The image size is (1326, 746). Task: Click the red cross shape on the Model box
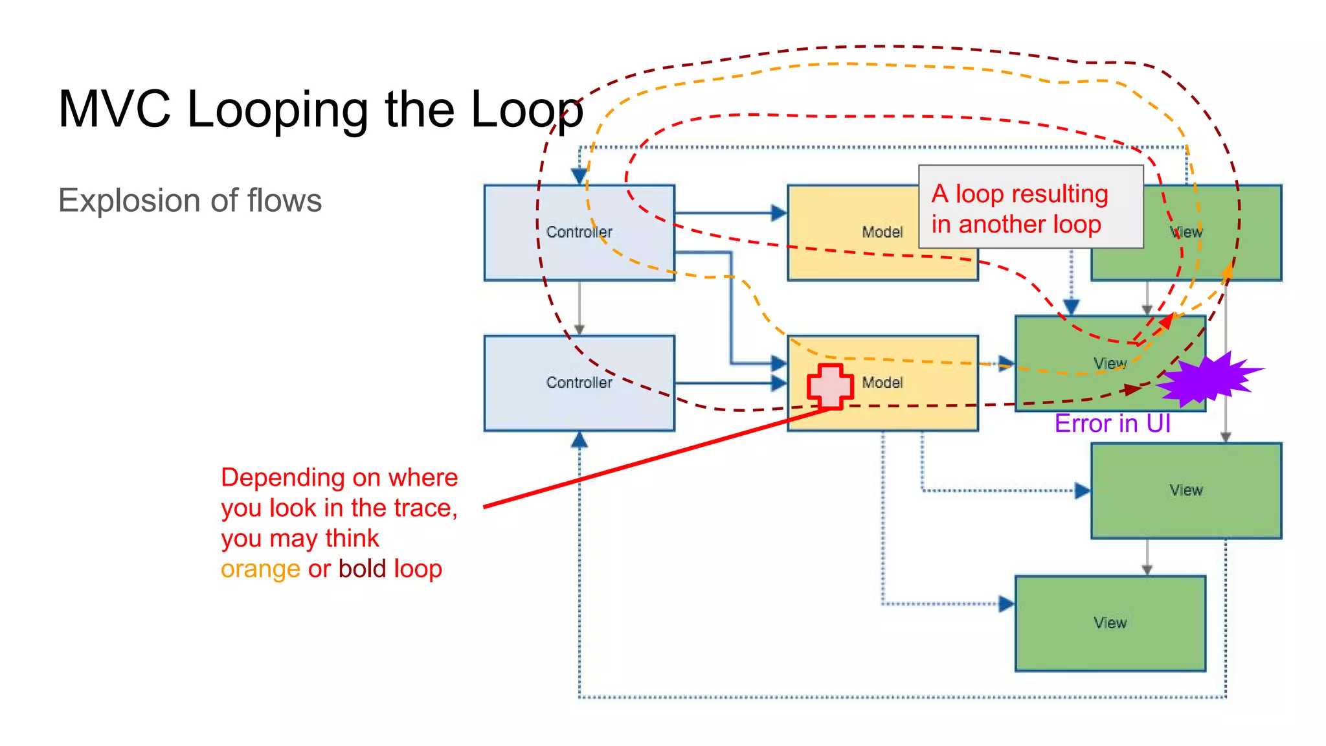(830, 387)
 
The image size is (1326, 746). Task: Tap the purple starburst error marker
(1208, 380)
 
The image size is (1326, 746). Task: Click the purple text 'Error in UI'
(1112, 424)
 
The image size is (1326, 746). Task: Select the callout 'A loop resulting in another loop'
(1030, 207)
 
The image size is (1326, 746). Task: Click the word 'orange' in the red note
(260, 569)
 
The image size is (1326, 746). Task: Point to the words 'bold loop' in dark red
(390, 569)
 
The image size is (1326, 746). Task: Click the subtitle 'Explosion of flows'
(190, 200)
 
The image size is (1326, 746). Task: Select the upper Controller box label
(579, 232)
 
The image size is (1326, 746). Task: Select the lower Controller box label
(579, 383)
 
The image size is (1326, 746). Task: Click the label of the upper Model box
(882, 232)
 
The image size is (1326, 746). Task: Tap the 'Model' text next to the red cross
(882, 383)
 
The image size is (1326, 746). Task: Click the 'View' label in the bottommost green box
(1110, 623)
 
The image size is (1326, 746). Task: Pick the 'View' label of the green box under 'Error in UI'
(1186, 490)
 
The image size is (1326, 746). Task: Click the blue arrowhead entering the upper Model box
(779, 212)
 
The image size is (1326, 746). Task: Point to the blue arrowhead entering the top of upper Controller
(579, 175)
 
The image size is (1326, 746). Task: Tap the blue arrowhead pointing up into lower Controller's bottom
(579, 441)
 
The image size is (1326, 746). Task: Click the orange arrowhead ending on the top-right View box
(1227, 271)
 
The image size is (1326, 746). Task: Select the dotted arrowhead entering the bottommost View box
(1006, 604)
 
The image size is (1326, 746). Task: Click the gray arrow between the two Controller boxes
(579, 308)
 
